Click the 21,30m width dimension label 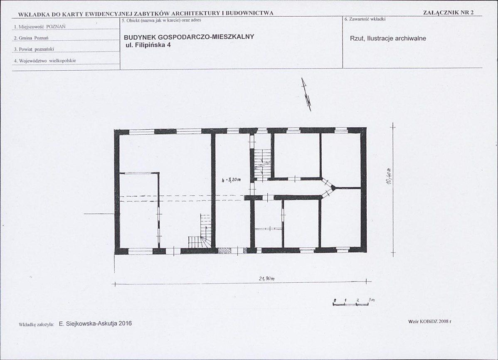(267, 279)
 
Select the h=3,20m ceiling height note (231, 180)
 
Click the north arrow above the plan (306, 94)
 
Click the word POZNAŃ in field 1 (56, 27)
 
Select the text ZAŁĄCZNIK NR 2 (449, 13)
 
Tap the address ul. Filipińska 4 (148, 45)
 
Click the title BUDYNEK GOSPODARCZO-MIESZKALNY (189, 37)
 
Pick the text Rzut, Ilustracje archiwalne (388, 38)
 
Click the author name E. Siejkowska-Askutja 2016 (95, 323)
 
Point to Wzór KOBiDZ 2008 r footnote (430, 321)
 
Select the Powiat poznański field (34, 49)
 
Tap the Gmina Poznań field (31, 38)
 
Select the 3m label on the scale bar (372, 300)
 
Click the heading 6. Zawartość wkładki (365, 20)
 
